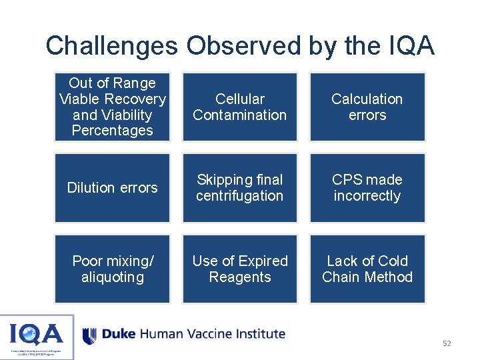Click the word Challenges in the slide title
[x=111, y=46]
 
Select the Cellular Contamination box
[x=239, y=107]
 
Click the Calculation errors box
[x=367, y=107]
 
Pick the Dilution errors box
[x=112, y=188]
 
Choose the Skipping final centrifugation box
[x=239, y=188]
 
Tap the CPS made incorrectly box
[x=367, y=188]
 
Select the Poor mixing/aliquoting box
[x=112, y=269]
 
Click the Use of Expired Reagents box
[x=239, y=269]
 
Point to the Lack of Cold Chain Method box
[x=367, y=269]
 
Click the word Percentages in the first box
[x=112, y=131]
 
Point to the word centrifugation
[x=239, y=196]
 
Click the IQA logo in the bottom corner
[x=37, y=336]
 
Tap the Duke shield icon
[x=90, y=335]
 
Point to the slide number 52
[x=447, y=343]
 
